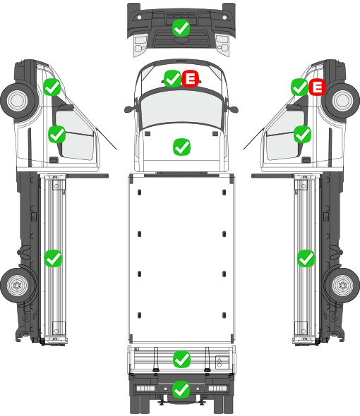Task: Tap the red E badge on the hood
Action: tap(190, 78)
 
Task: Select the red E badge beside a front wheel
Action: tap(317, 87)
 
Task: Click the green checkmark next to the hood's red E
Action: tap(172, 78)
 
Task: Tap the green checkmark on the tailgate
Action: tap(181, 360)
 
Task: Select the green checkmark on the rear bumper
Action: tap(181, 389)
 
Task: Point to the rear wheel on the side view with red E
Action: tap(342, 286)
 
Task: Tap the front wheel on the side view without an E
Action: tap(18, 100)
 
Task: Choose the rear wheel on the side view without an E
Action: tap(18, 286)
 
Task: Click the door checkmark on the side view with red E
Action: tap(302, 134)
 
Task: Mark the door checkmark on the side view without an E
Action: tap(57, 134)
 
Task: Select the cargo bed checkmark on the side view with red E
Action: tap(306, 258)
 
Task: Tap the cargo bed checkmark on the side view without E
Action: tap(53, 258)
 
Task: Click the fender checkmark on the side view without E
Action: tap(52, 87)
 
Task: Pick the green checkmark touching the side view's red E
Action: tap(299, 87)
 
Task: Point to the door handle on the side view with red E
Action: tap(306, 160)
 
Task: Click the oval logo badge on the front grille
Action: tap(181, 39)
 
